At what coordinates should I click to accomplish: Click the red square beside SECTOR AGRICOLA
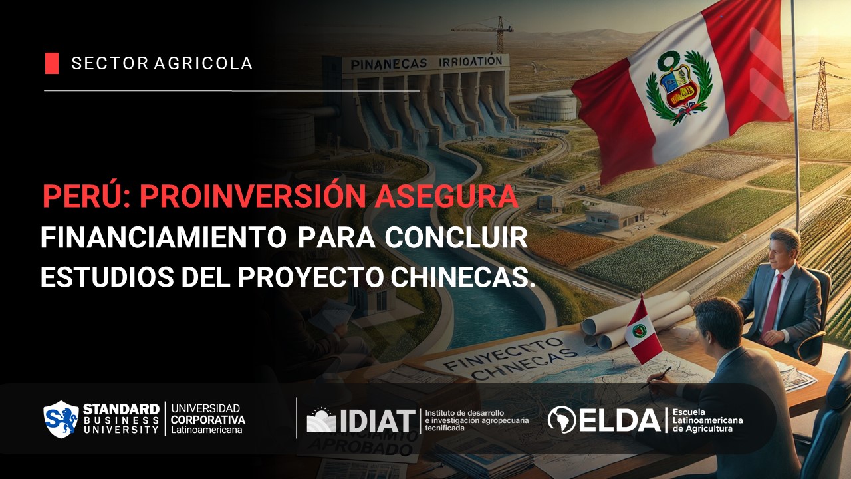52,63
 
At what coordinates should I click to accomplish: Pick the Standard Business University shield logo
61,419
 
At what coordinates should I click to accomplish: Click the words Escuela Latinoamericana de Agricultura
707,420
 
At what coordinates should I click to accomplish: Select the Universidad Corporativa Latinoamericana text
207,419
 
